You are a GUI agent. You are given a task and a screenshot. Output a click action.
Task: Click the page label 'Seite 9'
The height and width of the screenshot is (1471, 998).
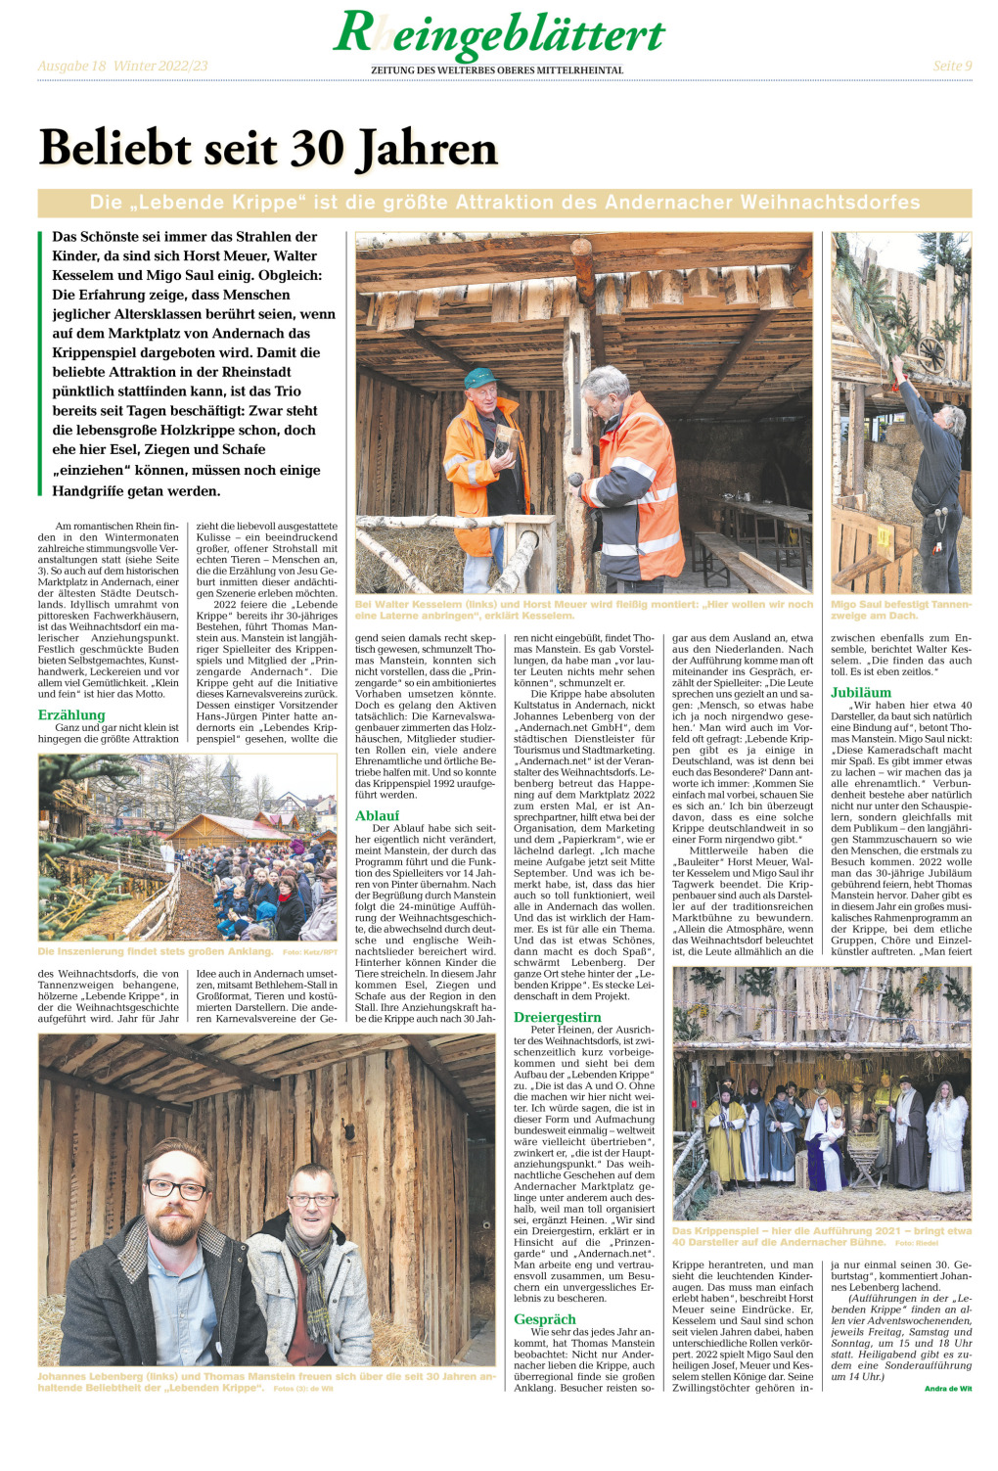[951, 66]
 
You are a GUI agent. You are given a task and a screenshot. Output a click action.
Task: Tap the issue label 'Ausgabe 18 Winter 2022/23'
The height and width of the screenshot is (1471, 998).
[122, 66]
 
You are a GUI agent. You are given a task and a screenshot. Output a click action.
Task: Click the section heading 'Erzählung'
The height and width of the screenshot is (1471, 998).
[71, 714]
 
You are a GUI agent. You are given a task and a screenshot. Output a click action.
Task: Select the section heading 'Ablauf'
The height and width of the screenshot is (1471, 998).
[377, 815]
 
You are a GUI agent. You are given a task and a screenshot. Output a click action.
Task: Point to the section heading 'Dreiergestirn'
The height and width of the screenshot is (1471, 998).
[558, 1017]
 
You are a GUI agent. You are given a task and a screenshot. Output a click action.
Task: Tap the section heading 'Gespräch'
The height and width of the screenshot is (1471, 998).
[545, 1318]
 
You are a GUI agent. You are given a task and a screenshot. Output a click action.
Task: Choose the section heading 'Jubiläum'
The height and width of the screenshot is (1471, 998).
[861, 692]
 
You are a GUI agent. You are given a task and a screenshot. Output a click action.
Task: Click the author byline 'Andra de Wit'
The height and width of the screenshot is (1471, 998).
[947, 1388]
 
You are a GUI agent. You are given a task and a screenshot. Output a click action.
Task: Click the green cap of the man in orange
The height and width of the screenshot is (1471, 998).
[479, 378]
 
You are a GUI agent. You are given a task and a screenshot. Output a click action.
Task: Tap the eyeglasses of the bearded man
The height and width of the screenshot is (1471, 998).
[176, 1189]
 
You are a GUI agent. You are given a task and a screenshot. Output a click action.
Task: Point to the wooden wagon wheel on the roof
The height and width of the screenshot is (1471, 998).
[932, 352]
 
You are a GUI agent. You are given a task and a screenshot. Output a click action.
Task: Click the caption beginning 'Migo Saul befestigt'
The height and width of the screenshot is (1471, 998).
[900, 609]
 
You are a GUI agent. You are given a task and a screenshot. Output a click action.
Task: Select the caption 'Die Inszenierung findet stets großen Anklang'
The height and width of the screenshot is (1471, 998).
[156, 950]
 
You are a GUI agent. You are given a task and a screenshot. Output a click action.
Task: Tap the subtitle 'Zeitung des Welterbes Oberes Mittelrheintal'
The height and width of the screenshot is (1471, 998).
[496, 70]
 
